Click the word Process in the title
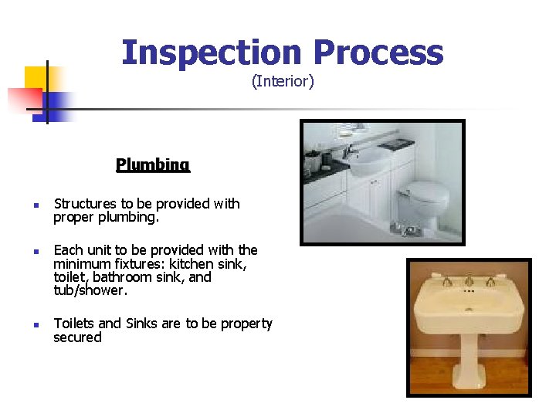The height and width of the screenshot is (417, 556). [378, 53]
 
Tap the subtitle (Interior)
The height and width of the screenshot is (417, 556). [283, 81]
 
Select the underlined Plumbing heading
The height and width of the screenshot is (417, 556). [153, 164]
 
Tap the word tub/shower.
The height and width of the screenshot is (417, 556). [89, 290]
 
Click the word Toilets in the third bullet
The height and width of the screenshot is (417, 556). [75, 324]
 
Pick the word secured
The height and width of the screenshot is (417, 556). [77, 337]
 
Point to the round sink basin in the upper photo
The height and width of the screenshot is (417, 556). [368, 161]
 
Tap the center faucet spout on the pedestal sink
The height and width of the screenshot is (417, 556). [469, 280]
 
